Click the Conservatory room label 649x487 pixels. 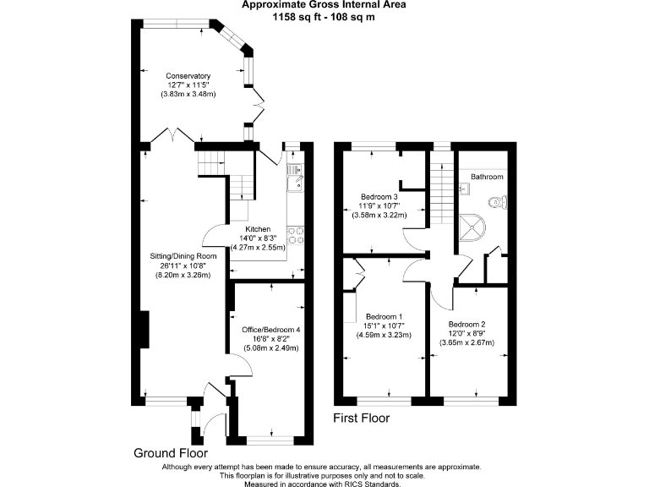tap(188, 76)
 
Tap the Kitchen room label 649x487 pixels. tap(258, 229)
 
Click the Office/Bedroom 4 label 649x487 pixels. tap(270, 329)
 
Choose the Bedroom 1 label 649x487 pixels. tap(383, 316)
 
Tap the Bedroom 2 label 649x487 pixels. tap(466, 324)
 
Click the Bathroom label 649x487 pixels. tap(487, 177)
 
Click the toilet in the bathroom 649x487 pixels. tap(498, 202)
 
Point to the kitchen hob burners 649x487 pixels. tap(297, 237)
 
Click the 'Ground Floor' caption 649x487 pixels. tap(170, 452)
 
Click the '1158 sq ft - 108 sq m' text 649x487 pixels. tap(324, 17)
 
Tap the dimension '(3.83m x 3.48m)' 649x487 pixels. tap(188, 94)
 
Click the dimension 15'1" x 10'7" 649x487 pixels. tap(383, 326)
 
